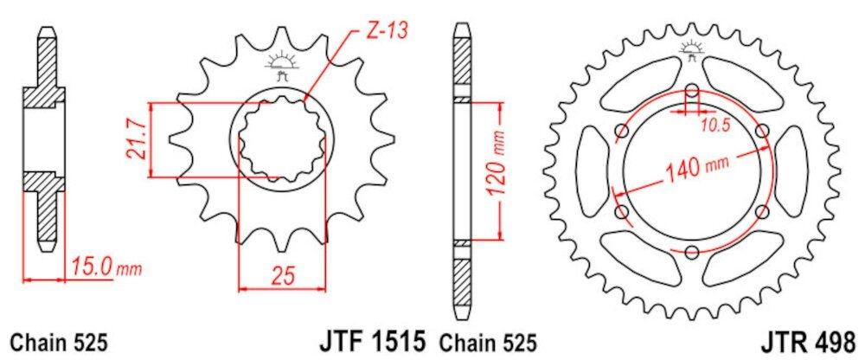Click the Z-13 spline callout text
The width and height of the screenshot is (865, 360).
point(386,31)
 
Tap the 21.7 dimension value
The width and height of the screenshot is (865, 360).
point(137,140)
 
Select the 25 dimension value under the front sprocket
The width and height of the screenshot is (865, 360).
point(281,275)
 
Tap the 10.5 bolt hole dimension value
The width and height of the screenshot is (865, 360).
point(715,125)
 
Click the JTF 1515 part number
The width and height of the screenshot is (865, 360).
point(372,342)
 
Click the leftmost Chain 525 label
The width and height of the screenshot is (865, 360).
point(58,344)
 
